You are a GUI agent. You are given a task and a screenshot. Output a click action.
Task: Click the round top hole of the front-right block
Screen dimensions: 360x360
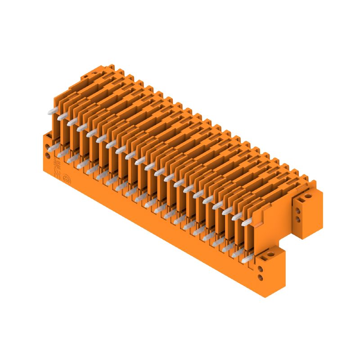click(x=271, y=254)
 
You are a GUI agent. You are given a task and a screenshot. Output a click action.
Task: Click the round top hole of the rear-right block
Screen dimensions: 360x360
click(x=308, y=196)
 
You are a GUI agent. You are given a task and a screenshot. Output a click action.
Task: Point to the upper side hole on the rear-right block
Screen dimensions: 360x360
click(x=298, y=211)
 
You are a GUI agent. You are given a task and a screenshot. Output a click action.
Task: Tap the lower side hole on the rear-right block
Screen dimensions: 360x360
click(x=298, y=219)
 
